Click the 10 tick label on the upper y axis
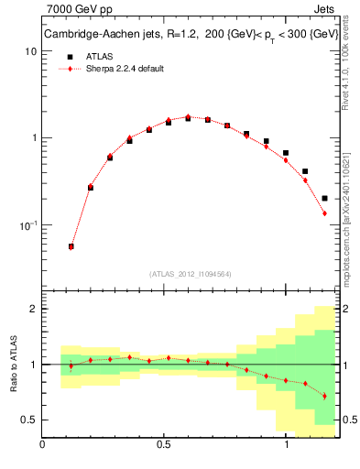coord(30,51)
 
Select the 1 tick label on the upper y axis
coord(33,138)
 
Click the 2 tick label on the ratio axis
coord(33,309)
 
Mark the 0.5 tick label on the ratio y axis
coord(28,420)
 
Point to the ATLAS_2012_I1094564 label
coord(190,273)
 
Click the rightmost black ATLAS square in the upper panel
coord(325,198)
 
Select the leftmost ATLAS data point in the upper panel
coord(71,246)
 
